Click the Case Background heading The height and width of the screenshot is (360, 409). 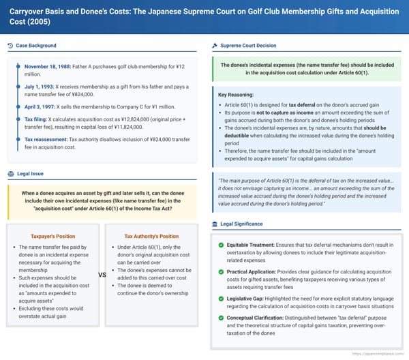37,46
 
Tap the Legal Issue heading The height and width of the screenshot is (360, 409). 31,173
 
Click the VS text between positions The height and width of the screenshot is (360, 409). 103,275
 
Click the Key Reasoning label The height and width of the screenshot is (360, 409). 237,94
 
